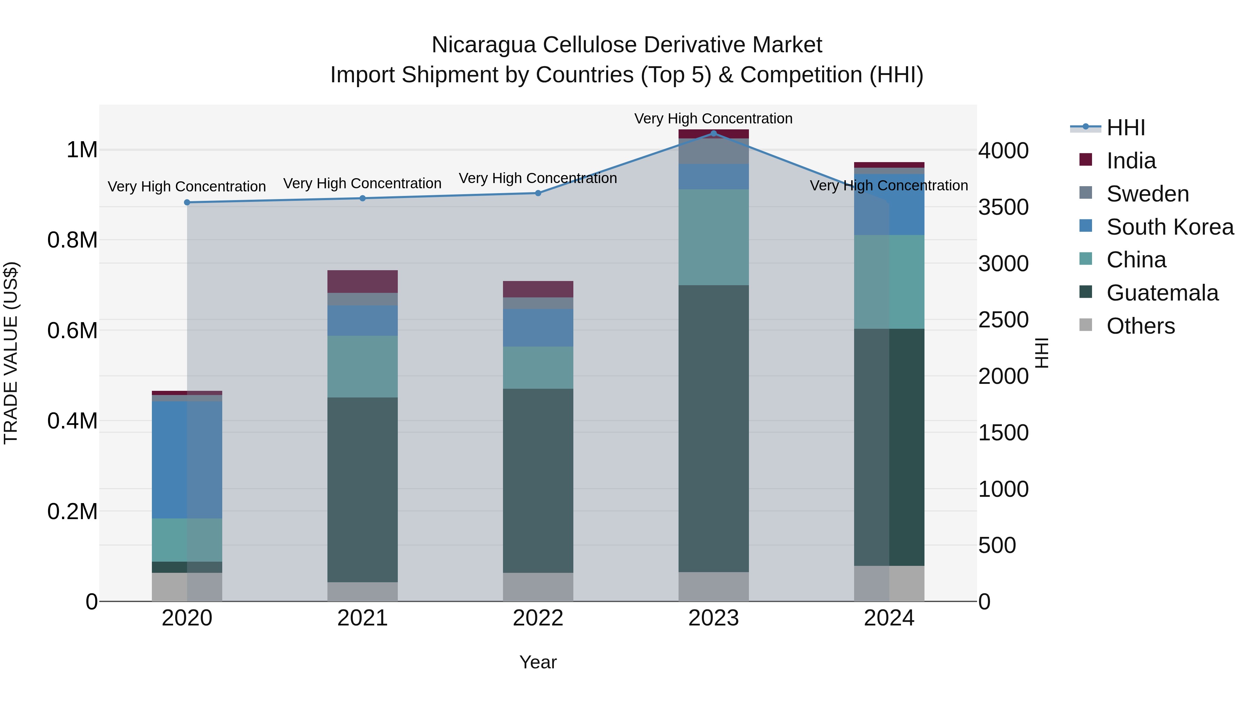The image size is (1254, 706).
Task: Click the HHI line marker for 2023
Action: tap(714, 133)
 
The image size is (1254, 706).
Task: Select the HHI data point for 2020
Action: tap(187, 202)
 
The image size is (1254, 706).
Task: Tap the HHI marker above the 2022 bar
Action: tap(538, 193)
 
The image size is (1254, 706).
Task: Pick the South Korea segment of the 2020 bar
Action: tap(187, 460)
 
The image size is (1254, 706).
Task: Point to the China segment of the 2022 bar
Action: tap(538, 367)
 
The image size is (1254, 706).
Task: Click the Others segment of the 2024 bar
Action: tap(889, 583)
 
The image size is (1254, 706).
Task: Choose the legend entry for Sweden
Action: tap(1147, 194)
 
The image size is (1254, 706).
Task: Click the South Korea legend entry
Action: tap(1170, 227)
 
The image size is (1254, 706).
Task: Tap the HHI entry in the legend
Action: tap(1125, 128)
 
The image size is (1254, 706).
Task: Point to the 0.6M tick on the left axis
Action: tap(72, 331)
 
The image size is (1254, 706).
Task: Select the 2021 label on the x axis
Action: tap(363, 618)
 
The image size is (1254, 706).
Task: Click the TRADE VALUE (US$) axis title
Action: tap(11, 353)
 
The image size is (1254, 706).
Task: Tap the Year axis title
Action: tap(538, 662)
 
